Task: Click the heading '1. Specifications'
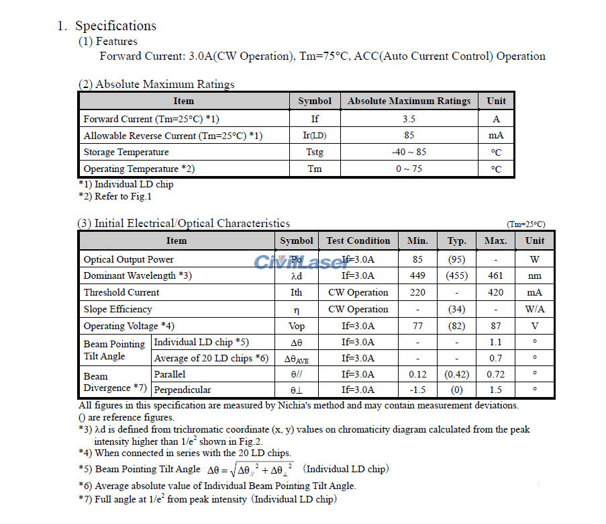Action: [107, 26]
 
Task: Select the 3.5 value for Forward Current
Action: [409, 119]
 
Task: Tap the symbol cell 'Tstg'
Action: [315, 152]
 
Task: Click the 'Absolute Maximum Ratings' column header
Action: [409, 101]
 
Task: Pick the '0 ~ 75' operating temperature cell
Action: [409, 169]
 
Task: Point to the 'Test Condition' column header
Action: [358, 241]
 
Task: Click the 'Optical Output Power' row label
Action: [128, 259]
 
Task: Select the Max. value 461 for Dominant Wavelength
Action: [495, 275]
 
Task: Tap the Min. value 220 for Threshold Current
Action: [417, 292]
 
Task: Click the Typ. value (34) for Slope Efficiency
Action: [456, 309]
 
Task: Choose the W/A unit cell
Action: [535, 309]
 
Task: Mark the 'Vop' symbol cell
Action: [296, 326]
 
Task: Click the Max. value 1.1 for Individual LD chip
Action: [495, 342]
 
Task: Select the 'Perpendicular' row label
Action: [183, 390]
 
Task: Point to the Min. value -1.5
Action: [417, 390]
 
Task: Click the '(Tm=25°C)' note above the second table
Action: [525, 224]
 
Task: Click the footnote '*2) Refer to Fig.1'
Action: [115, 196]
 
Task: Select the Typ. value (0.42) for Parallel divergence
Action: [456, 374]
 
